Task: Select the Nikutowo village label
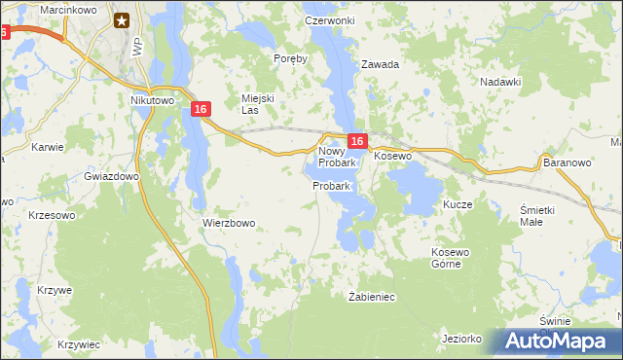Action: pos(151,99)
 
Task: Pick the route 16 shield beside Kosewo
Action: pos(356,142)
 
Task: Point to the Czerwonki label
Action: pos(329,20)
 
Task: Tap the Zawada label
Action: pos(381,65)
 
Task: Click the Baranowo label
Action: pos(568,163)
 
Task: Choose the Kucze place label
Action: pos(458,205)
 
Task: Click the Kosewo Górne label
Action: pos(451,258)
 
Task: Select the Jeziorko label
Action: pos(462,339)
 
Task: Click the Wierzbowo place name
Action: pos(229,223)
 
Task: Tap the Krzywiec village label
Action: pos(79,344)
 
